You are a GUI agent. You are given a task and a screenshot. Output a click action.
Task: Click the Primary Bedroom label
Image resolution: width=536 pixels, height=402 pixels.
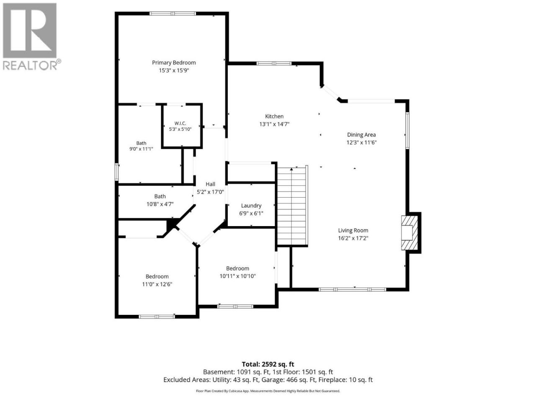pyautogui.click(x=174, y=63)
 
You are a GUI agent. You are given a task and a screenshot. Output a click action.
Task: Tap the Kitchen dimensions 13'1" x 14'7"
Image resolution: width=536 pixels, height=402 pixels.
pyautogui.click(x=274, y=124)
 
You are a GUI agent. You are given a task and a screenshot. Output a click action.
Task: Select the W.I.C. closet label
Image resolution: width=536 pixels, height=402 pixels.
pyautogui.click(x=180, y=123)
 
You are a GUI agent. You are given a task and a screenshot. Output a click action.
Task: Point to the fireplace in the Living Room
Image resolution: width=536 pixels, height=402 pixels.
pyautogui.click(x=410, y=232)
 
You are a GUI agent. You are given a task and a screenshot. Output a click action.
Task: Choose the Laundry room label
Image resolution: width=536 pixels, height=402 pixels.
pyautogui.click(x=251, y=206)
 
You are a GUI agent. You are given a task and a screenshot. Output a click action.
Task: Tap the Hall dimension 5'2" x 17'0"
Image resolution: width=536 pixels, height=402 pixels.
pyautogui.click(x=210, y=192)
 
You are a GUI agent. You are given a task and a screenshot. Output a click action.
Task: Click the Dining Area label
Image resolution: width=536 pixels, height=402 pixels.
pyautogui.click(x=361, y=135)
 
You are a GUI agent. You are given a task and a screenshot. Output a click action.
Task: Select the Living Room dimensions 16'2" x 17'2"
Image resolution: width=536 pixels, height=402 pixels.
pyautogui.click(x=353, y=238)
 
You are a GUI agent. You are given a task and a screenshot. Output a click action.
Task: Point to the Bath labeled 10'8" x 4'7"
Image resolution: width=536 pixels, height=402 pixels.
pyautogui.click(x=160, y=196)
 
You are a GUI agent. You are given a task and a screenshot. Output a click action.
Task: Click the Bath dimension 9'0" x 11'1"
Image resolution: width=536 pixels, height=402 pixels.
pyautogui.click(x=141, y=149)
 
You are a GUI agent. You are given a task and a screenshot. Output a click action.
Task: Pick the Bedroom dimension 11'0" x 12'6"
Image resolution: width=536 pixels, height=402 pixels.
pyautogui.click(x=157, y=284)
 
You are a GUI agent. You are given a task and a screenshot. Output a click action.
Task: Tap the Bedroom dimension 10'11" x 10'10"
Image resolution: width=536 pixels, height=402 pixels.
pyautogui.click(x=237, y=276)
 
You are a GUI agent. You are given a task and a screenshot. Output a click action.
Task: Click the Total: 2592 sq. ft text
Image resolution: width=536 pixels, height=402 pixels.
pyautogui.click(x=268, y=364)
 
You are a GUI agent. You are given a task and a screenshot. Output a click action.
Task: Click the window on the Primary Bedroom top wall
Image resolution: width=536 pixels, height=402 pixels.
pyautogui.click(x=173, y=13)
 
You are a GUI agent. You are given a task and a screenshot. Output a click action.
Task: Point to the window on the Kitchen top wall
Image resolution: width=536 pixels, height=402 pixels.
pyautogui.click(x=274, y=64)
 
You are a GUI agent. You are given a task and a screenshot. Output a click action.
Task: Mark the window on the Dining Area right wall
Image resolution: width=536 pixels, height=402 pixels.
pyautogui.click(x=407, y=130)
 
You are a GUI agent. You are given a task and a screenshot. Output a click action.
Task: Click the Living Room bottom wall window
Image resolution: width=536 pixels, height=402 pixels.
pyautogui.click(x=352, y=289)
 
